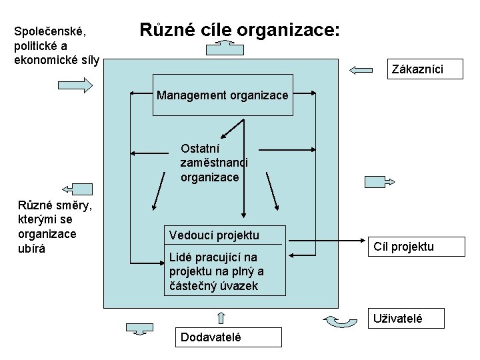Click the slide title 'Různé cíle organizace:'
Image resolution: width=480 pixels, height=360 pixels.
click(x=239, y=30)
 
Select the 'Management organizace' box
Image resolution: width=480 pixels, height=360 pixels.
click(x=223, y=95)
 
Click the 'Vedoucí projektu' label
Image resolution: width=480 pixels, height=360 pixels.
click(x=214, y=235)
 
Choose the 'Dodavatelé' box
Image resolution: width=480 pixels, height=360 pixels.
click(x=211, y=337)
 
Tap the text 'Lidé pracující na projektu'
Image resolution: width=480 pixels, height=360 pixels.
click(x=216, y=271)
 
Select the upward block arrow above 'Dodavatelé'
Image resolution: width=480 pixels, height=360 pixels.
click(x=221, y=317)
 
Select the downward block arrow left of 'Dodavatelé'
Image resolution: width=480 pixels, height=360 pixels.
click(x=139, y=328)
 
